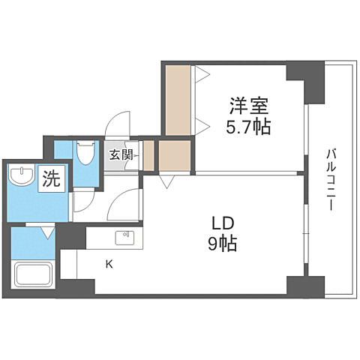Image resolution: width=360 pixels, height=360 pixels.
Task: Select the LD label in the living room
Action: [223, 223]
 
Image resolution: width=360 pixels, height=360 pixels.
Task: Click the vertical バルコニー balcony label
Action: [330, 181]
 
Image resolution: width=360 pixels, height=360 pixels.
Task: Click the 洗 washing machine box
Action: [51, 180]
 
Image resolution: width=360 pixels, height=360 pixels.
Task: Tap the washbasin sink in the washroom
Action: [21, 177]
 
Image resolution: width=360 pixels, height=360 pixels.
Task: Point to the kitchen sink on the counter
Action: [124, 238]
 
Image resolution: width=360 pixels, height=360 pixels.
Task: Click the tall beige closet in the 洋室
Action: [178, 100]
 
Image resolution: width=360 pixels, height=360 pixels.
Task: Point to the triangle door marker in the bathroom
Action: [48, 234]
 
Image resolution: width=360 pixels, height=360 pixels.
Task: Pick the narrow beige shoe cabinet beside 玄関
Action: [148, 155]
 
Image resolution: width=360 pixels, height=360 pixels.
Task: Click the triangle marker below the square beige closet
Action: [166, 181]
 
